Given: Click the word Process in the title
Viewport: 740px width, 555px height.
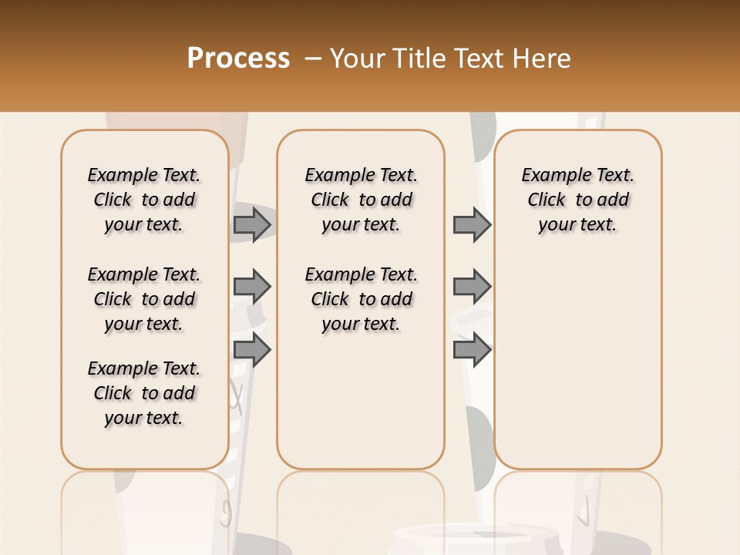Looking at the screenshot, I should [x=238, y=59].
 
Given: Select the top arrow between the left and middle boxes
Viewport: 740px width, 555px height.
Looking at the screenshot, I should [x=252, y=224].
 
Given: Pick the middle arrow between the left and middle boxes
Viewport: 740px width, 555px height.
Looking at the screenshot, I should [x=252, y=287].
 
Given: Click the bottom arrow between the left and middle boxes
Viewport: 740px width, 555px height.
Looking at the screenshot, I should [x=252, y=350].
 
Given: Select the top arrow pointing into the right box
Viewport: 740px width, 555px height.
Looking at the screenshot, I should [x=472, y=224].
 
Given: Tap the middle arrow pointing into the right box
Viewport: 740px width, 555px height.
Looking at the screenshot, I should [x=472, y=287].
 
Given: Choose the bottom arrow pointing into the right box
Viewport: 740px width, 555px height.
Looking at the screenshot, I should [x=472, y=350].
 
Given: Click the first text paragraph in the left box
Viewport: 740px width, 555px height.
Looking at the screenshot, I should [x=144, y=200].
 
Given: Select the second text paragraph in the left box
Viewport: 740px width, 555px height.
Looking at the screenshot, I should [x=144, y=299].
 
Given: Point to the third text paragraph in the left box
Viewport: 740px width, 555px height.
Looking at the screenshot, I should [x=144, y=393].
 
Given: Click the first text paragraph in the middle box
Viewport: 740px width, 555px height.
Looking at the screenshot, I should [x=361, y=200].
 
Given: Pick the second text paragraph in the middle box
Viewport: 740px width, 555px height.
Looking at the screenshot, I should [x=361, y=299].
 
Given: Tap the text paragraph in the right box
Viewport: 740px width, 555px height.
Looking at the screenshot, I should [x=577, y=200].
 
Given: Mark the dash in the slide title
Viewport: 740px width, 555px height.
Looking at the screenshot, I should [x=313, y=59].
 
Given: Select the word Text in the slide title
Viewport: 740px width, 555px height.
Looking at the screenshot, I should [x=479, y=59].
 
